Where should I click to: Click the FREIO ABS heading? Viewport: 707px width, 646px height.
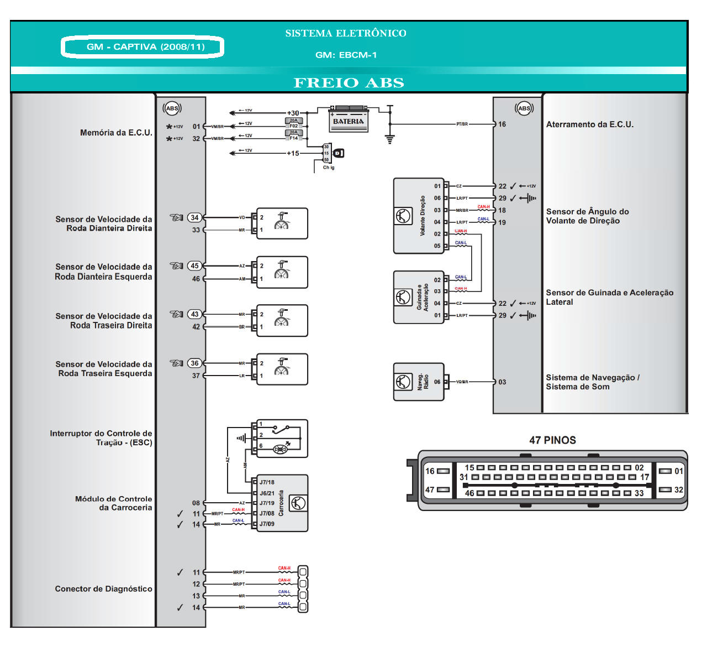[349, 83]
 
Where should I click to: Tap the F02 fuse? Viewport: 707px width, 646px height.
[293, 123]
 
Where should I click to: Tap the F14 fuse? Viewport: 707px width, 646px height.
[293, 136]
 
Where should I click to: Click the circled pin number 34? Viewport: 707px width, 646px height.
[194, 217]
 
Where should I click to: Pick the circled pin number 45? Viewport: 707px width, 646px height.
[194, 265]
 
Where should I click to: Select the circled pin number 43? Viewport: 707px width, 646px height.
[194, 314]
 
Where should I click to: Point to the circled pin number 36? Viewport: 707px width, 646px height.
[194, 363]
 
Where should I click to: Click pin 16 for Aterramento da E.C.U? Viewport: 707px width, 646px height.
[502, 124]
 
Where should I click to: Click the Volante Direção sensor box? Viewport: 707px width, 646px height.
[419, 216]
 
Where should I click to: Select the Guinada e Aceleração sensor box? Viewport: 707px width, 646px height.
[418, 297]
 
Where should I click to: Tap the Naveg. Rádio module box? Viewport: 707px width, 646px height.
[418, 382]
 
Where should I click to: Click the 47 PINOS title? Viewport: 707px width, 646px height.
[552, 440]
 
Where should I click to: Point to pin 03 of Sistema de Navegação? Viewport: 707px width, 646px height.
[502, 382]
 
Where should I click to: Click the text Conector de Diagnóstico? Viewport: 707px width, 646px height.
[103, 589]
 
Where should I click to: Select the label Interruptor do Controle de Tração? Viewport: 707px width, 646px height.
[101, 437]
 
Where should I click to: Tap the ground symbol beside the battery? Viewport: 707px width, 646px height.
[390, 139]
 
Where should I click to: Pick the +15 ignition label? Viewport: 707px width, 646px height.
[293, 153]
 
